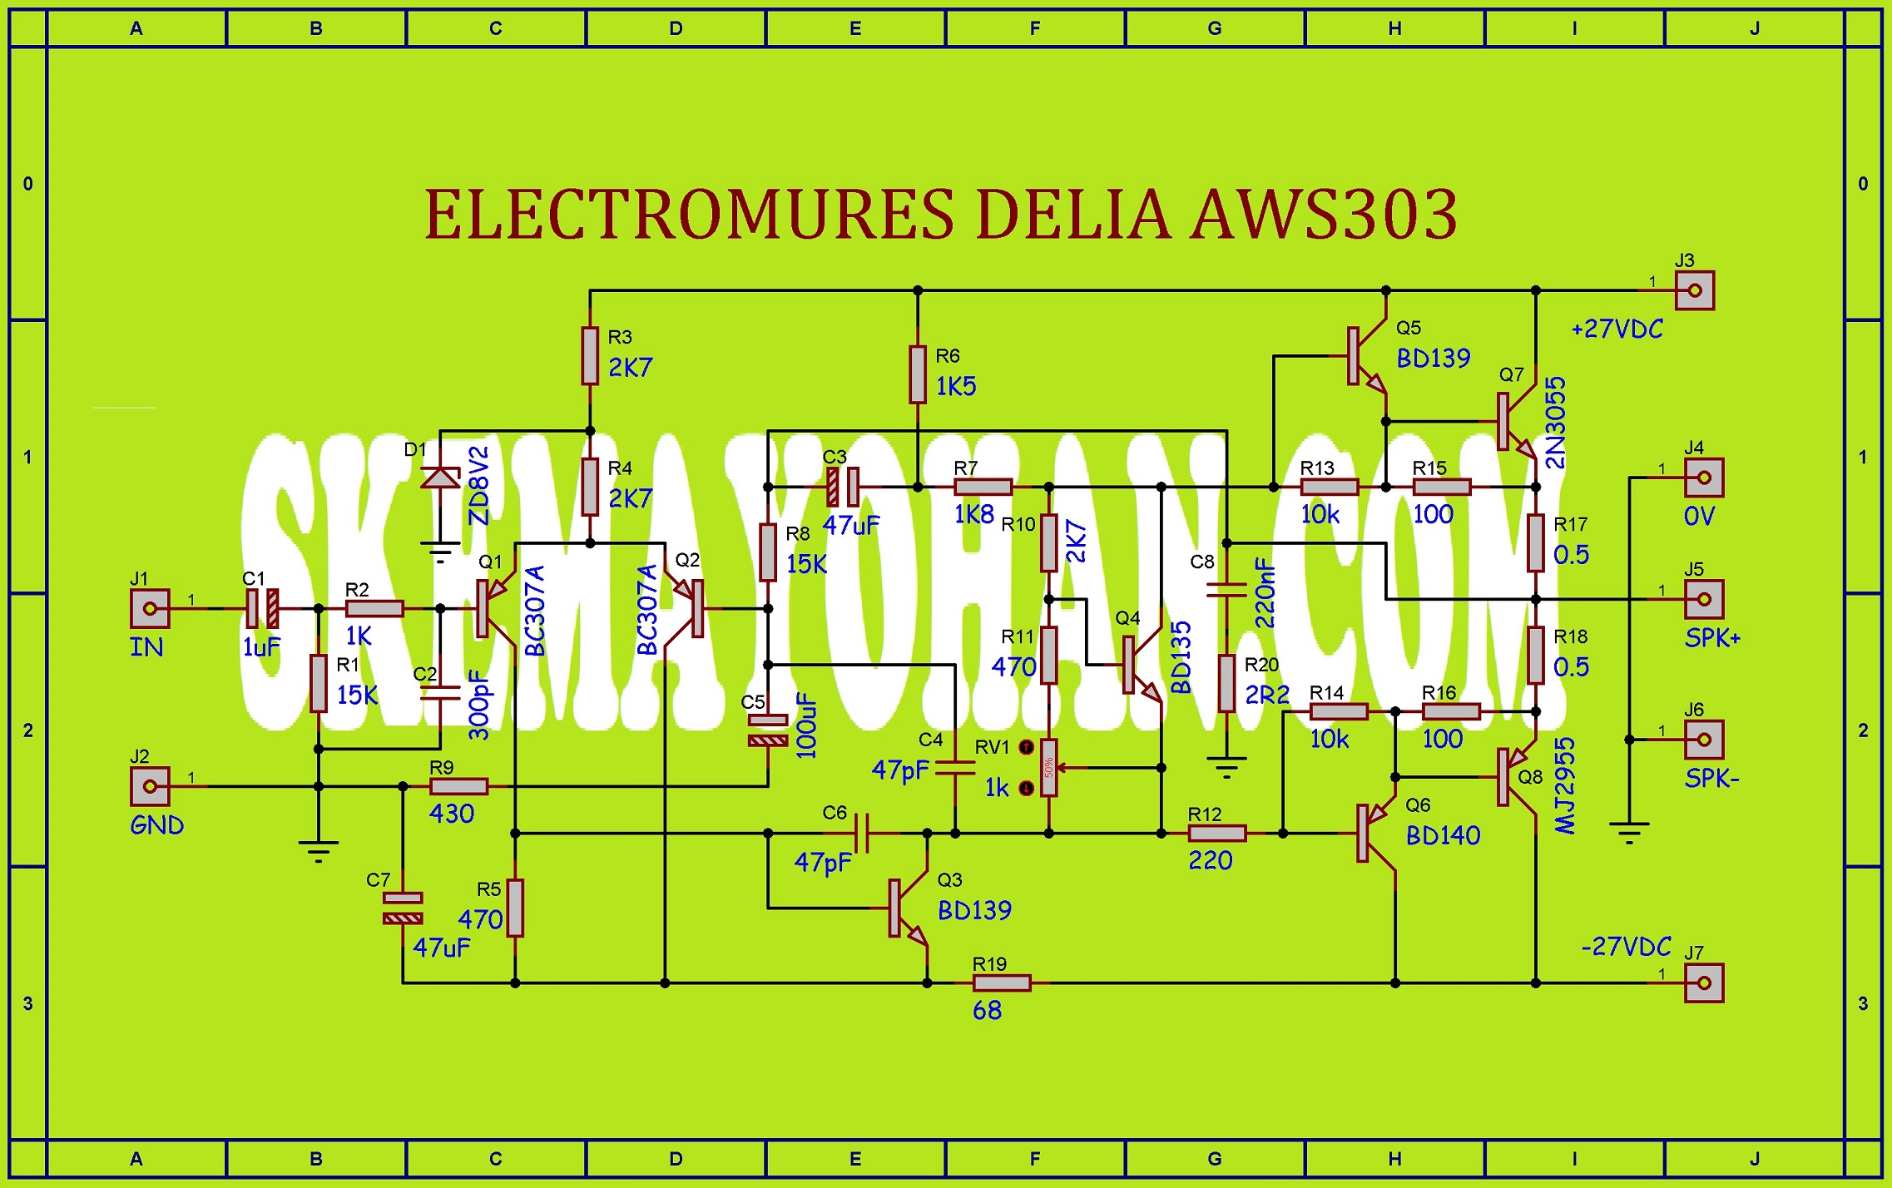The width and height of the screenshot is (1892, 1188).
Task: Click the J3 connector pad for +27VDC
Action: tap(1694, 291)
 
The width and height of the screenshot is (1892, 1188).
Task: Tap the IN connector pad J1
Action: tap(150, 608)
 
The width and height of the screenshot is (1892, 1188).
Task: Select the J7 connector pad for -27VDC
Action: tap(1703, 983)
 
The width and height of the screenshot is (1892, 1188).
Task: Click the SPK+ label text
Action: tap(1711, 638)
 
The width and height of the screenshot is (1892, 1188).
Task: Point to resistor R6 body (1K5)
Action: tap(918, 374)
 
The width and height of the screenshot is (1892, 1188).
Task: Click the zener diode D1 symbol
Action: tap(440, 478)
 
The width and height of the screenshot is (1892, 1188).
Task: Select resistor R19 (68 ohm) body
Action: tap(1002, 983)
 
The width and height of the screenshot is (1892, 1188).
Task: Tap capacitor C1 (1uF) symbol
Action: tap(262, 608)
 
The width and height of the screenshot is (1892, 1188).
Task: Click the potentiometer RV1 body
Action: tap(1048, 767)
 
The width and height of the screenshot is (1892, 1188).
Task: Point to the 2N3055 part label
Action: tap(1554, 423)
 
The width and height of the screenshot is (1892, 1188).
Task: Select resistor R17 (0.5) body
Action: tap(1536, 542)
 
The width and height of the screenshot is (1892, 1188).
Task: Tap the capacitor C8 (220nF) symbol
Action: tap(1226, 590)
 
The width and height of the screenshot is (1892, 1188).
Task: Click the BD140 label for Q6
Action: tap(1443, 835)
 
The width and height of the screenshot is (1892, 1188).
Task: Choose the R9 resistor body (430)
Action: tap(458, 786)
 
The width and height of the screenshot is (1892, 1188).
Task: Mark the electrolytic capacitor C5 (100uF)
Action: tap(767, 730)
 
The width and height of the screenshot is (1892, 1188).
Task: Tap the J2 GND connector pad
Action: tap(150, 786)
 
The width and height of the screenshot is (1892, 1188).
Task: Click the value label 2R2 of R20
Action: tap(1266, 694)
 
